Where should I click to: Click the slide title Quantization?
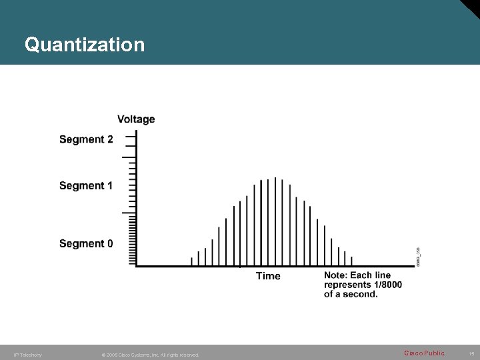click(x=84, y=45)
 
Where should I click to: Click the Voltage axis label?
click(x=136, y=119)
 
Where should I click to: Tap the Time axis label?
click(x=268, y=276)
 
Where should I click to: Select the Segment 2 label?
click(x=86, y=139)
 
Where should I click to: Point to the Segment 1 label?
click(x=86, y=185)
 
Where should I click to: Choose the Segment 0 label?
click(x=86, y=243)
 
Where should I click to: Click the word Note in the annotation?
click(x=335, y=275)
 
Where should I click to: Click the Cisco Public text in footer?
click(x=424, y=353)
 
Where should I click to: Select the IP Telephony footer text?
click(x=27, y=355)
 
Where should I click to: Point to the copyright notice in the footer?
click(x=150, y=355)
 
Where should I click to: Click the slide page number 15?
click(x=471, y=354)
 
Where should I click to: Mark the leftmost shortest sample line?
click(x=191, y=261)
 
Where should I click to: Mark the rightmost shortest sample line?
click(x=351, y=261)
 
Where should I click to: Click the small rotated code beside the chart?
click(x=418, y=257)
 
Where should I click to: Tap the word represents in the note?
click(x=347, y=285)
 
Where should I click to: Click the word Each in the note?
click(x=361, y=275)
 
